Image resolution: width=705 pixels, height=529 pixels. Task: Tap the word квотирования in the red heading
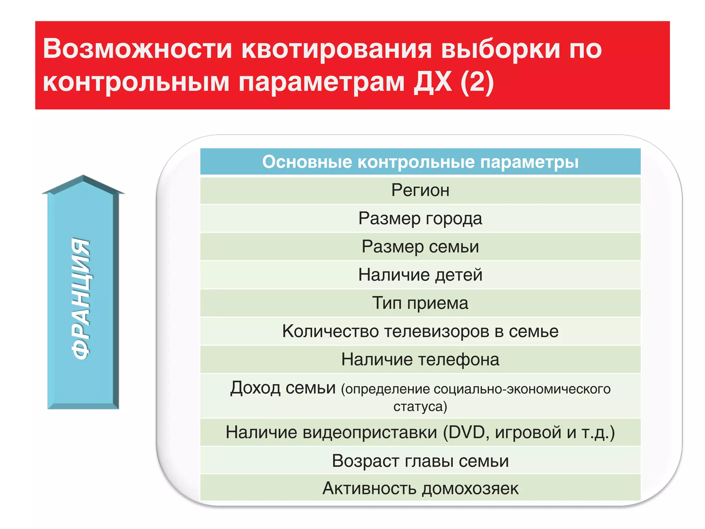tap(336, 49)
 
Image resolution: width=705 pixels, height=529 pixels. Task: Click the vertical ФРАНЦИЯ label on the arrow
tap(81, 298)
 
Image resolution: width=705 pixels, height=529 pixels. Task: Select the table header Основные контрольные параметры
tap(420, 162)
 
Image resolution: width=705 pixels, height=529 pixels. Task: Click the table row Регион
tap(420, 190)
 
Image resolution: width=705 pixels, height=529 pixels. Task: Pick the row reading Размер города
tap(420, 218)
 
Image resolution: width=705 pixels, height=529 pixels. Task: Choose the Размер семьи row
tap(420, 247)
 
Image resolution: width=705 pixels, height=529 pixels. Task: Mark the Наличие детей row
tap(420, 275)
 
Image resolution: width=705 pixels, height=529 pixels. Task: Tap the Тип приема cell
tap(420, 303)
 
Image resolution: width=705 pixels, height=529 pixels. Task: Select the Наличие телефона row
tap(420, 360)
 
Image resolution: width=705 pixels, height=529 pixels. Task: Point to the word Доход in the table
tap(255, 388)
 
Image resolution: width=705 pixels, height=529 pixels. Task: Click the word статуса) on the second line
tap(420, 406)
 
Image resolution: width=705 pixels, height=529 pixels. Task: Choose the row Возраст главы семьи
tap(420, 461)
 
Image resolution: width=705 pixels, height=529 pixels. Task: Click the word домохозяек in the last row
tap(470, 488)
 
